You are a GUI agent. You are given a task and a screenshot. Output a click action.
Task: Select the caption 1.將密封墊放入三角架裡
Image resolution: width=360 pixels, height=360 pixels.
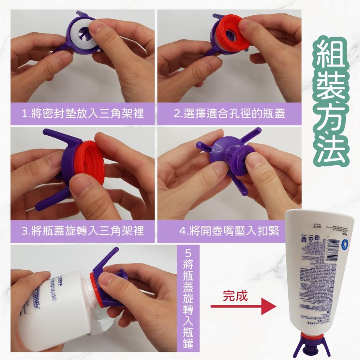coord(83,114)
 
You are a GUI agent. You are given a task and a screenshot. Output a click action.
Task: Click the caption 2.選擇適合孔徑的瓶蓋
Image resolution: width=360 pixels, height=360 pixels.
coord(230,114)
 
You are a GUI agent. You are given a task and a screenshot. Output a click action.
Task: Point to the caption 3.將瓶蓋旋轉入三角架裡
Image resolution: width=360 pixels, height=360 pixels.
coord(83,231)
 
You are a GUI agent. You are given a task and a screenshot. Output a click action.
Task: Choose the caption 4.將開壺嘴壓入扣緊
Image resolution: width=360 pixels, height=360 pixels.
coord(230,231)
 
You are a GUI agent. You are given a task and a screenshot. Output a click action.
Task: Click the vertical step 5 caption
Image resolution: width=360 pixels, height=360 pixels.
coord(188,299)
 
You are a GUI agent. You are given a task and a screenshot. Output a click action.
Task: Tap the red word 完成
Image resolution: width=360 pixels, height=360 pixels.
coord(235,296)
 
